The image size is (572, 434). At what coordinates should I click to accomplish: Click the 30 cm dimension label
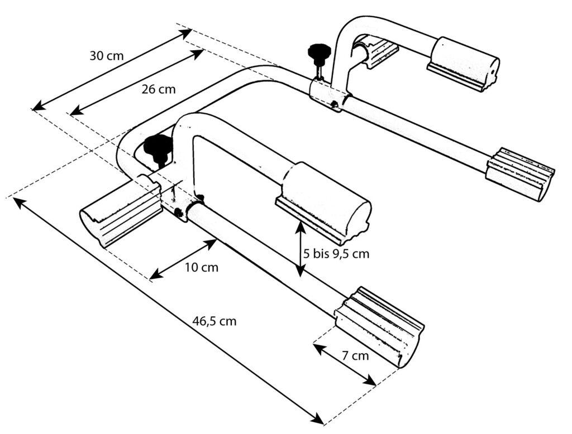tap(107, 56)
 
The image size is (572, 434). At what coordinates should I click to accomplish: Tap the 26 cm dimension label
tap(159, 89)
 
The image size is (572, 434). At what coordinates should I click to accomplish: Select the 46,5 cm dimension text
tap(214, 321)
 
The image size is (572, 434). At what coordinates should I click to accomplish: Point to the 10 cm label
tap(201, 267)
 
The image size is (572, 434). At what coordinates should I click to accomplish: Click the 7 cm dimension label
tap(355, 355)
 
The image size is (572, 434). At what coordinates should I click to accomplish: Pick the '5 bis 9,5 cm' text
tap(336, 254)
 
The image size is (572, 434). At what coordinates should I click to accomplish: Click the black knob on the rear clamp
tap(318, 52)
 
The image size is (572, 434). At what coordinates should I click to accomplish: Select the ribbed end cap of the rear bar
tap(520, 173)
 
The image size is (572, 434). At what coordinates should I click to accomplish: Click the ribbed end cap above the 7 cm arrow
tap(379, 326)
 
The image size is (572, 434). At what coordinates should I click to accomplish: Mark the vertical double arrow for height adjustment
tap(300, 249)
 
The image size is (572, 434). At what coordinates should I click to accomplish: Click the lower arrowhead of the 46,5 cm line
tap(318, 419)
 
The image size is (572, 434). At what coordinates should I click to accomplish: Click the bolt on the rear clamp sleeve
tap(334, 104)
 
